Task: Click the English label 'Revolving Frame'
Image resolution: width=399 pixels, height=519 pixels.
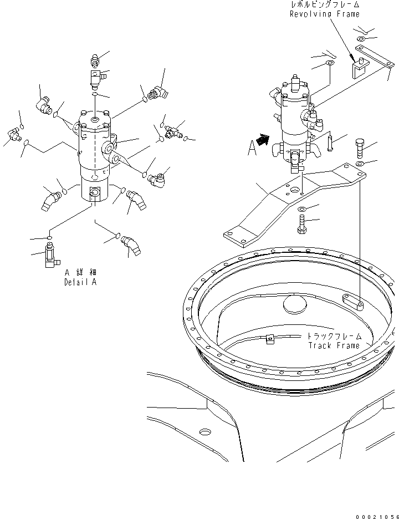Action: (324, 14)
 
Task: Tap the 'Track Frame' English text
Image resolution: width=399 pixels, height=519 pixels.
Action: (334, 345)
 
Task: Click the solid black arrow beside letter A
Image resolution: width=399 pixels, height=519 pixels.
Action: (265, 141)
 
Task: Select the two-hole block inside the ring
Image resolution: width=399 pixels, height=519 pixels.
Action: (352, 302)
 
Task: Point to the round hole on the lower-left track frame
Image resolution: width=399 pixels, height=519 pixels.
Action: (204, 431)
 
